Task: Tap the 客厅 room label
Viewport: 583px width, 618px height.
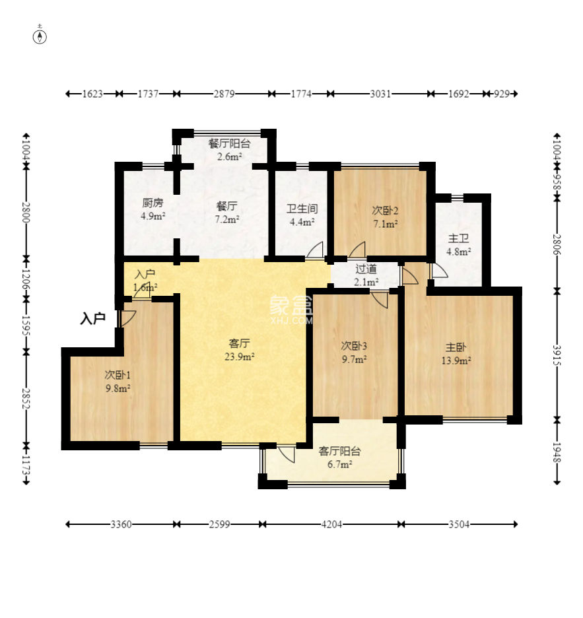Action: pyautogui.click(x=239, y=343)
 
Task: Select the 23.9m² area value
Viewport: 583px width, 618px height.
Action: pyautogui.click(x=239, y=357)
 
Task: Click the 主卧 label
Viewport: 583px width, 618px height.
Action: pyautogui.click(x=456, y=347)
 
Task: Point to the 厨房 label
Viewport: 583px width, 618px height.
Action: pyautogui.click(x=153, y=203)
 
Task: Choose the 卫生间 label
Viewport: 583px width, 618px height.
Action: pyautogui.click(x=302, y=209)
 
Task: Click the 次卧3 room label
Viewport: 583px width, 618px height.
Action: pyautogui.click(x=354, y=346)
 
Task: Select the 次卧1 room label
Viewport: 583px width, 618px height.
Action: pyautogui.click(x=118, y=374)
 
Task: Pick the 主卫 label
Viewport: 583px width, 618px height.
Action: pyautogui.click(x=458, y=238)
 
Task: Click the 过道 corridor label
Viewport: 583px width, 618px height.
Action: pyautogui.click(x=366, y=269)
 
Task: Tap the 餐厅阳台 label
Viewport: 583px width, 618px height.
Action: pyautogui.click(x=229, y=143)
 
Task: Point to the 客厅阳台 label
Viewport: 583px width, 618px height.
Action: pyautogui.click(x=339, y=451)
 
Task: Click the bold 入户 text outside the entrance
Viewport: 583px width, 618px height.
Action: pyautogui.click(x=92, y=318)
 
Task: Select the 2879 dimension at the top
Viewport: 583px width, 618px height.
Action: pyautogui.click(x=224, y=94)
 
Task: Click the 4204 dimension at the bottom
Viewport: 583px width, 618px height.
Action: pyautogui.click(x=331, y=524)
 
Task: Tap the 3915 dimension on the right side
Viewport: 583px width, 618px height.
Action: pyautogui.click(x=557, y=355)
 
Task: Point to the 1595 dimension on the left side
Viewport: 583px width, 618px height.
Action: pyautogui.click(x=26, y=325)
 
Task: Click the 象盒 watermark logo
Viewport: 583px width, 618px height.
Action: pyautogui.click(x=291, y=306)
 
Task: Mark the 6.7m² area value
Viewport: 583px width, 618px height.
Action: pyautogui.click(x=339, y=464)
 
